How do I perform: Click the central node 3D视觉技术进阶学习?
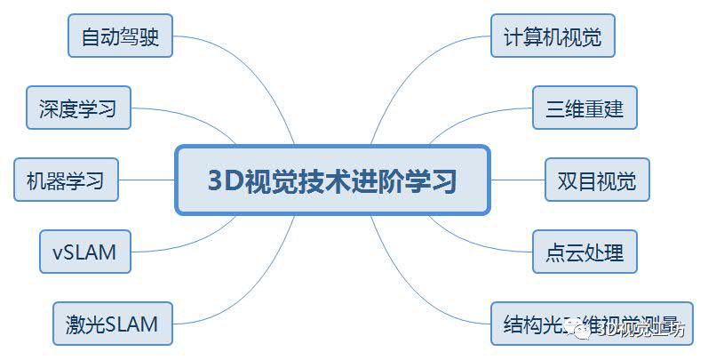click(x=332, y=180)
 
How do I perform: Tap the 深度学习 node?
click(x=78, y=108)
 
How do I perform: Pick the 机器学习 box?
click(x=66, y=180)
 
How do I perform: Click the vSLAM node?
click(x=84, y=252)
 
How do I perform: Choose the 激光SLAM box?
click(x=112, y=324)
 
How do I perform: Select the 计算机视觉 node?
click(x=553, y=37)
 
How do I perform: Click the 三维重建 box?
click(x=585, y=108)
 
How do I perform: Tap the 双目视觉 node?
click(x=597, y=180)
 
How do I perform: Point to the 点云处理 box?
click(x=585, y=252)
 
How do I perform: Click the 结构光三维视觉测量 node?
click(x=591, y=324)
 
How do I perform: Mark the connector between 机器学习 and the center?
click(x=147, y=180)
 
